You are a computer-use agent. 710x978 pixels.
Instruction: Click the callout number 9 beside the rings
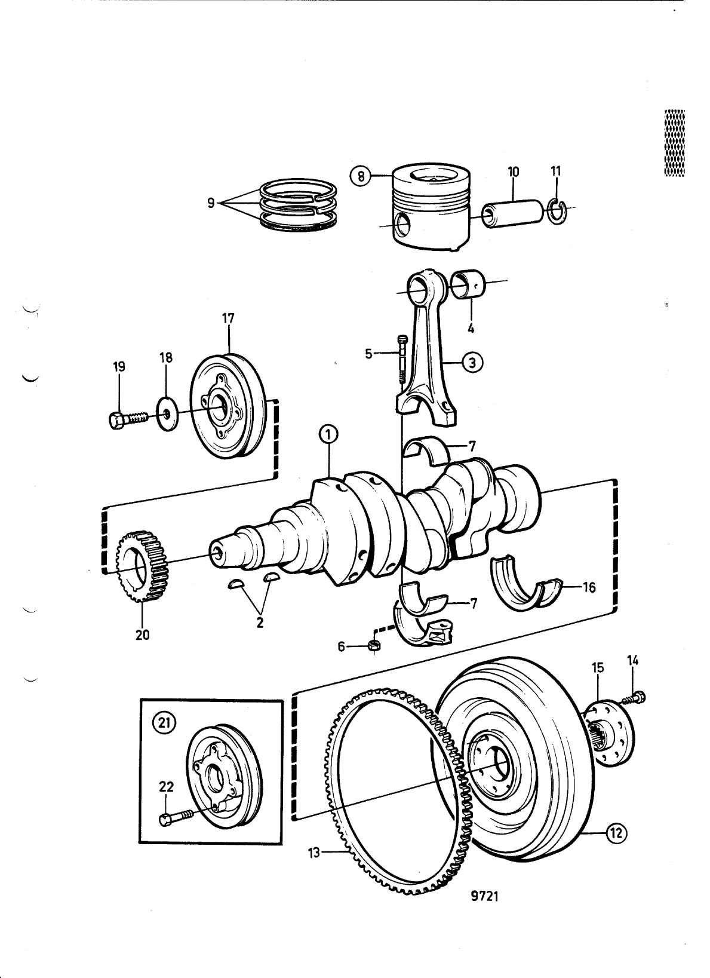pyautogui.click(x=210, y=203)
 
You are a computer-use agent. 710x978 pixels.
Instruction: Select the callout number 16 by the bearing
pyautogui.click(x=589, y=588)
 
